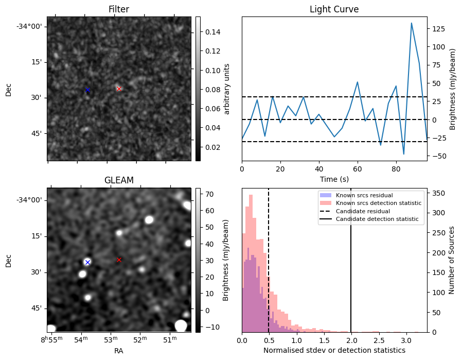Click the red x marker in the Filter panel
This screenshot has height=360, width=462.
pos(119,89)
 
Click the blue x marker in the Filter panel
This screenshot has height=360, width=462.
pos(87,90)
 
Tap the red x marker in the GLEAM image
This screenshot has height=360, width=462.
pos(119,260)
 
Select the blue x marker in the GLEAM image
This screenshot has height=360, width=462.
pos(87,262)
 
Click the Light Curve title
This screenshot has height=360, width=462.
pos(334,9)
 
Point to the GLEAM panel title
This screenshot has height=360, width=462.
pos(119,180)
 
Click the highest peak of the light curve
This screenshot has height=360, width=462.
pos(412,23)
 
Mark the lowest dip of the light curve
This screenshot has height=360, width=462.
pos(404,154)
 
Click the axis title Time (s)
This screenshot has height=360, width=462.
pos(334,179)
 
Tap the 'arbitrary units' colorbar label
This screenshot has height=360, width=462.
pos(227,89)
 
